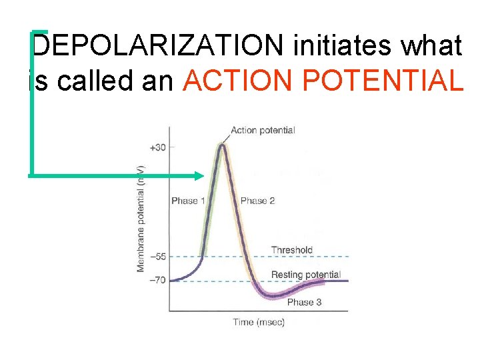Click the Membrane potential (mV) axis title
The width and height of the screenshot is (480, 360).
coord(141,218)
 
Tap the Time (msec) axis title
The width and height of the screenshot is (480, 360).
coord(259,323)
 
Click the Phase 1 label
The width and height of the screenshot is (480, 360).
coord(185,201)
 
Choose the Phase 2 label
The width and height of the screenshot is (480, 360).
coord(257,201)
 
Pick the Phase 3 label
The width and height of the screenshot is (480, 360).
coord(304,302)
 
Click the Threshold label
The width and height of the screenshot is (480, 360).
coord(291,250)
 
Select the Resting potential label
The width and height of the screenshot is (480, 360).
coord(305,275)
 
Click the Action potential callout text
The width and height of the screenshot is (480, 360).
coord(263,130)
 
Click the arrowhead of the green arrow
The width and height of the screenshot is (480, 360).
coord(199,176)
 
